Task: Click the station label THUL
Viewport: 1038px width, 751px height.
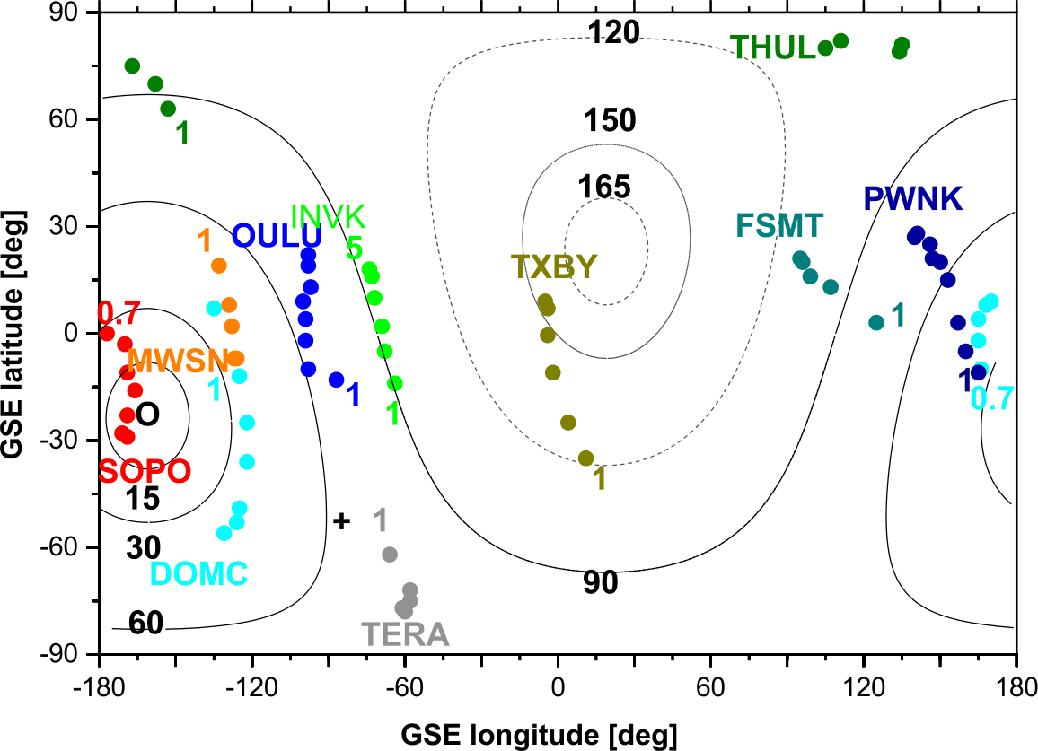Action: (x=773, y=48)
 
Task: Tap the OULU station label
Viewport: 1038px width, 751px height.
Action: (x=277, y=236)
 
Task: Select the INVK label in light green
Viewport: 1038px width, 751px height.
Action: (x=328, y=215)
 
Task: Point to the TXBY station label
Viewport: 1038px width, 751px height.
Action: (x=553, y=266)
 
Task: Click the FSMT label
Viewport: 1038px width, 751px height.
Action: (x=778, y=224)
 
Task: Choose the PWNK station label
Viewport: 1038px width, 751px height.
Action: (x=912, y=199)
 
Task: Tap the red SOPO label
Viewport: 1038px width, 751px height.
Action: (x=144, y=471)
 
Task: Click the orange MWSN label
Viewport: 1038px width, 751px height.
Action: (x=178, y=361)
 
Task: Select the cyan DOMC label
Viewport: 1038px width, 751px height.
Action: (x=199, y=574)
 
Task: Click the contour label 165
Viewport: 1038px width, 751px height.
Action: (x=604, y=188)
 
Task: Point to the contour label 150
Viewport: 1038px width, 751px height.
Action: (x=610, y=120)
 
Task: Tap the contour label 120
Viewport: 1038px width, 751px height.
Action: (x=613, y=33)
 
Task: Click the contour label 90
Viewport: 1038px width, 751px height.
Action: (x=601, y=583)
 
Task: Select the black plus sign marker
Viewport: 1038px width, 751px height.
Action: (x=341, y=520)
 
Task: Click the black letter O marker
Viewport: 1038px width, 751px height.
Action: (x=148, y=414)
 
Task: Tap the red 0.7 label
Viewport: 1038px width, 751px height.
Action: (x=119, y=314)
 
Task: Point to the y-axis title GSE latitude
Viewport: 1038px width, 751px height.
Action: (x=13, y=334)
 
